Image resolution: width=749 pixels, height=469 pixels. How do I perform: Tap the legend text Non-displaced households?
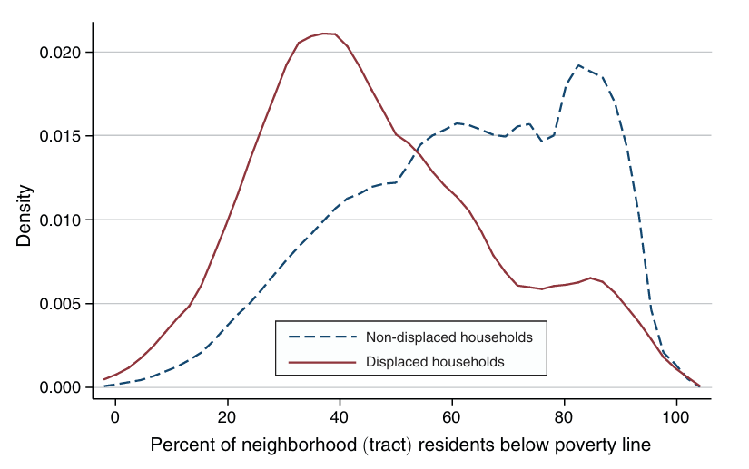448,337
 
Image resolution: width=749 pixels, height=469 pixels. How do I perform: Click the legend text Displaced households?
435,361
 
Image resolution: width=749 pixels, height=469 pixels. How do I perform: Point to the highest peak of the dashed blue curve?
578,65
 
